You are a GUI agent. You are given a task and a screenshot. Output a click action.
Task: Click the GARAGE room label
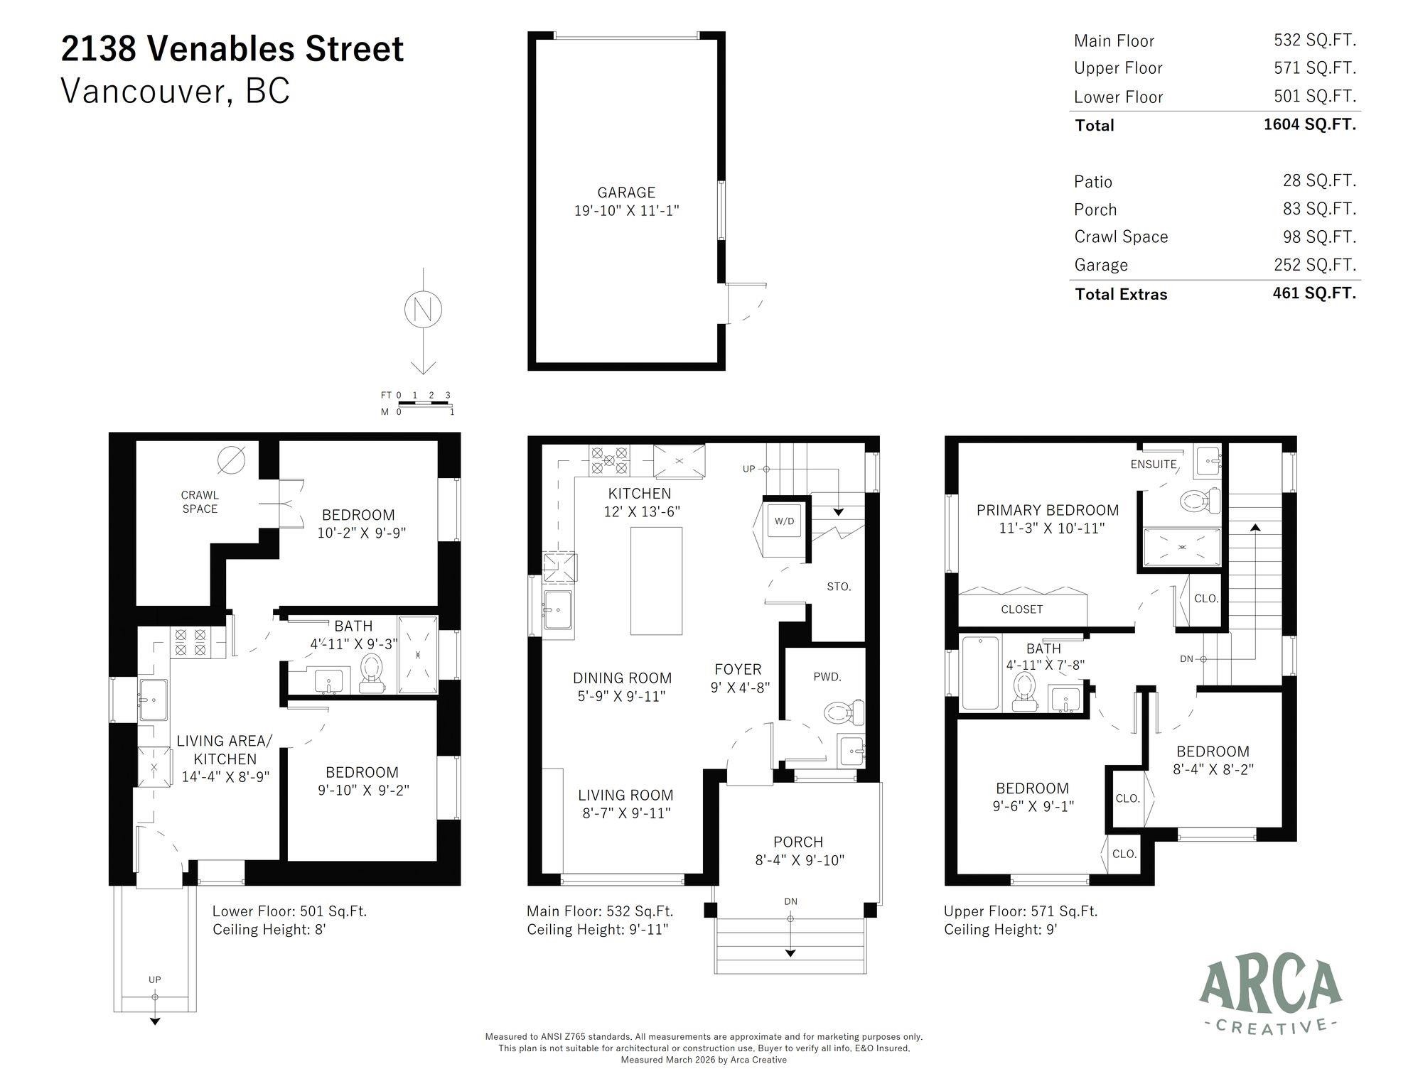coord(625,192)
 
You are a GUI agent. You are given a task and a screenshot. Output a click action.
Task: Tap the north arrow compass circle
coord(424,310)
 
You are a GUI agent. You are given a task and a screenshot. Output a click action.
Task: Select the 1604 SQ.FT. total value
coord(1309,124)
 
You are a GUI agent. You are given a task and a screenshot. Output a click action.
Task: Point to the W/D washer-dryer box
coord(784,521)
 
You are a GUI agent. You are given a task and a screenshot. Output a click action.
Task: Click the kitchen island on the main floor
coord(656,580)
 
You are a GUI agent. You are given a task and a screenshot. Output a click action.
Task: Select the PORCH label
coord(798,842)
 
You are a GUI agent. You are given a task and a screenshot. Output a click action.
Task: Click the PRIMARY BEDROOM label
coord(1047,510)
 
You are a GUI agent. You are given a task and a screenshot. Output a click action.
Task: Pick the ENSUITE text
coord(1153,465)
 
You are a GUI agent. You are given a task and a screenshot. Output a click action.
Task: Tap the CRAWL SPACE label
coord(200,501)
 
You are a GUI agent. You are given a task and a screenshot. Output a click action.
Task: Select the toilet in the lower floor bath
coord(371,672)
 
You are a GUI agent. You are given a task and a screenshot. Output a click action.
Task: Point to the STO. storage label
coord(839,587)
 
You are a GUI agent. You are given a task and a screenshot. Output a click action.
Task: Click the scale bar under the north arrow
coord(425,403)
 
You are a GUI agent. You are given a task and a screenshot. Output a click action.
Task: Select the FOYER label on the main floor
coord(738,669)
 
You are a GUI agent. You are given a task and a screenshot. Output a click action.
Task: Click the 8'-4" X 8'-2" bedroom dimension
coord(1212,769)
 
